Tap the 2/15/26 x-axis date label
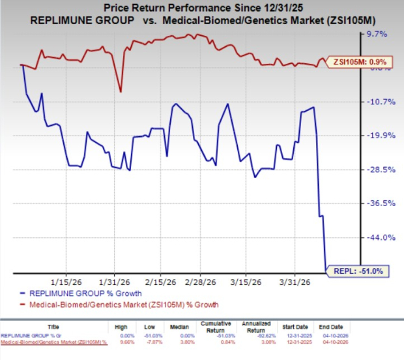point(160,282)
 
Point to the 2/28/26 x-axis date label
point(201,282)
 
